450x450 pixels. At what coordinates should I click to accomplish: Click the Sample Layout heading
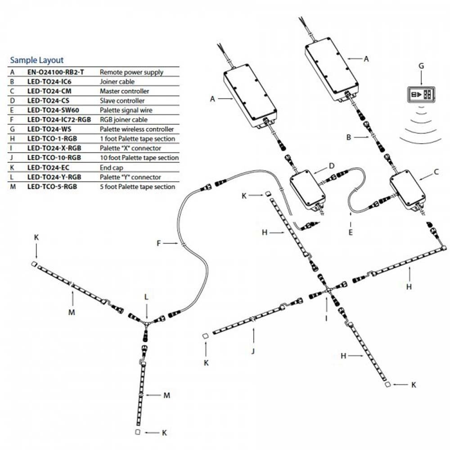pyautogui.click(x=36, y=60)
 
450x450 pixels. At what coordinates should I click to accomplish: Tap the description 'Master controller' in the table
pyautogui.click(x=124, y=91)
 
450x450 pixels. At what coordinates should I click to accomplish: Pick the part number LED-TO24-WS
pyautogui.click(x=50, y=129)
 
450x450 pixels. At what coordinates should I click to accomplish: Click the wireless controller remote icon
pyautogui.click(x=421, y=95)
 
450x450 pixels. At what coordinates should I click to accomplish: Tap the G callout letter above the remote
pyautogui.click(x=421, y=66)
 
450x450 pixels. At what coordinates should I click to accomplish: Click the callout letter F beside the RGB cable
pyautogui.click(x=159, y=243)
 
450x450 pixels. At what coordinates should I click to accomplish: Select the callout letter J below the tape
pyautogui.click(x=253, y=350)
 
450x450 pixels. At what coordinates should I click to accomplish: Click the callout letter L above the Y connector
pyautogui.click(x=146, y=297)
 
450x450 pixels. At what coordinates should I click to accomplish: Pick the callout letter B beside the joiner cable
pyautogui.click(x=349, y=136)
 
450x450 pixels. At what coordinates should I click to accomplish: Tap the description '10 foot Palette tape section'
pyautogui.click(x=139, y=158)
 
